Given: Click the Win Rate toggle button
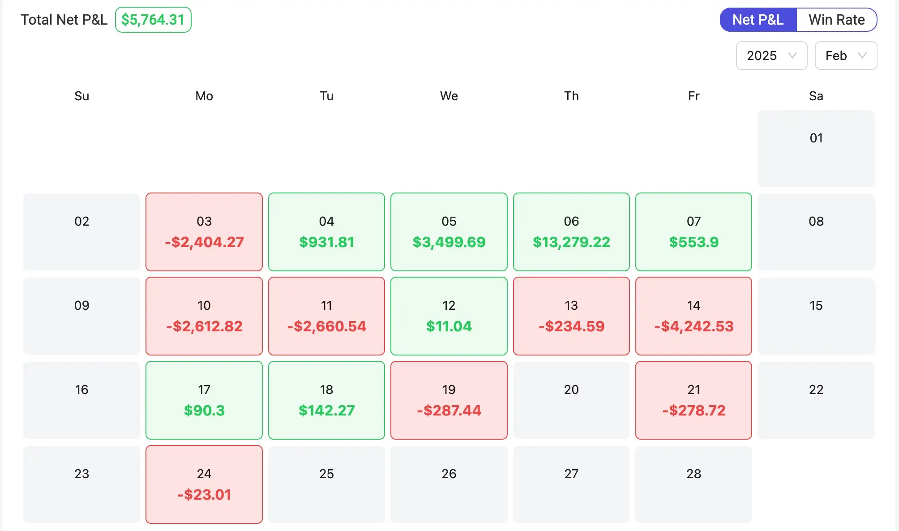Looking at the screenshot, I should point(836,20).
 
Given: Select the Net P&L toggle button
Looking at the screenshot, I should point(758,20).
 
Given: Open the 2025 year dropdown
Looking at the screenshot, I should point(771,56).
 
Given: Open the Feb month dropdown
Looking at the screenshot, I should point(845,56).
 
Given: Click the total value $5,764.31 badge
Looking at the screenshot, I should point(153,20).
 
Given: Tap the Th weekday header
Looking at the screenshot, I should point(571,96).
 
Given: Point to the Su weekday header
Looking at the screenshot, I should point(81,96).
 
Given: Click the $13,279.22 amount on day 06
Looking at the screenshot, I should point(571,242).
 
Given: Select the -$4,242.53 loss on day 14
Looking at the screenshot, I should point(694,326).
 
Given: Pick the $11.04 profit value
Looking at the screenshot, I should point(449,326).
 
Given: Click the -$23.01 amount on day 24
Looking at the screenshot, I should point(204,495).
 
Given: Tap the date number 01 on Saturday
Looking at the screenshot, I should point(816,138).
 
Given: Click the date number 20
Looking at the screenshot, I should point(571,390).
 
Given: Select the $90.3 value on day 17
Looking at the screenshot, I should point(204,411).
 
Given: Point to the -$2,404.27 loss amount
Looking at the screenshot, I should point(204,242).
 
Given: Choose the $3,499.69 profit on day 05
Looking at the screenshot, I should point(449,242).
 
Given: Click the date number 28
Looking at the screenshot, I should point(694,474).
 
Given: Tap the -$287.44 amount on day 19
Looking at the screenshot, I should point(449,411).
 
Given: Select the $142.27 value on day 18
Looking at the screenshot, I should point(326,411).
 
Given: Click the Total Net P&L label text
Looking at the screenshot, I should point(64,20).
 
